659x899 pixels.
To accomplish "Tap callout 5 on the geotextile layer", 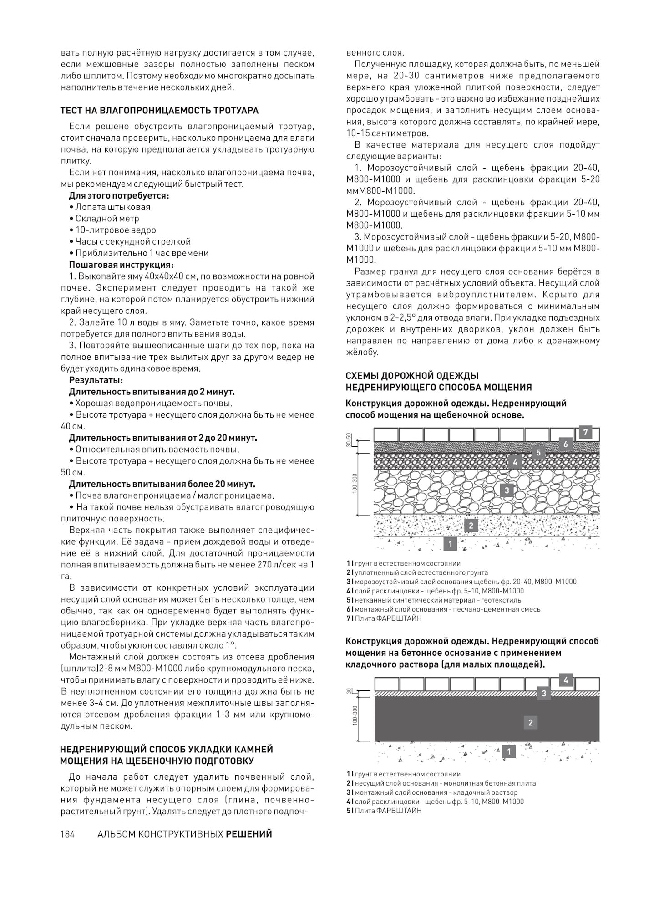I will tap(538, 452).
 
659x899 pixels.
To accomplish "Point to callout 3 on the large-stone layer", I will tap(506, 490).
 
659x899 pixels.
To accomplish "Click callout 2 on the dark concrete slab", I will tap(530, 722).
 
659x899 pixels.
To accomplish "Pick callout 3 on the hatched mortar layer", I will tap(543, 694).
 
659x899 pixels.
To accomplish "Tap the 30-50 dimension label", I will tap(349, 439).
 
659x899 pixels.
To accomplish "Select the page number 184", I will tap(68, 834).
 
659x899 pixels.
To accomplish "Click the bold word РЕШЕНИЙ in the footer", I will tap(249, 834).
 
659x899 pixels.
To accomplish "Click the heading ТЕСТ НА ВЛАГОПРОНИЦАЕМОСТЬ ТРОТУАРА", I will tap(159, 110).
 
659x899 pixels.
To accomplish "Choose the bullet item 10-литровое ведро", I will tap(116, 230).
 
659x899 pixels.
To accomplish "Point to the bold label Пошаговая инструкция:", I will tap(121, 265).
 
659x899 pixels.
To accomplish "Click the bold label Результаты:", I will tap(96, 380).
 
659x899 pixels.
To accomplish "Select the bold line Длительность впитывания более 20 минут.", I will tap(162, 484).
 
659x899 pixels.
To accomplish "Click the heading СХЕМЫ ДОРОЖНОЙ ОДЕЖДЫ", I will tap(412, 376).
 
